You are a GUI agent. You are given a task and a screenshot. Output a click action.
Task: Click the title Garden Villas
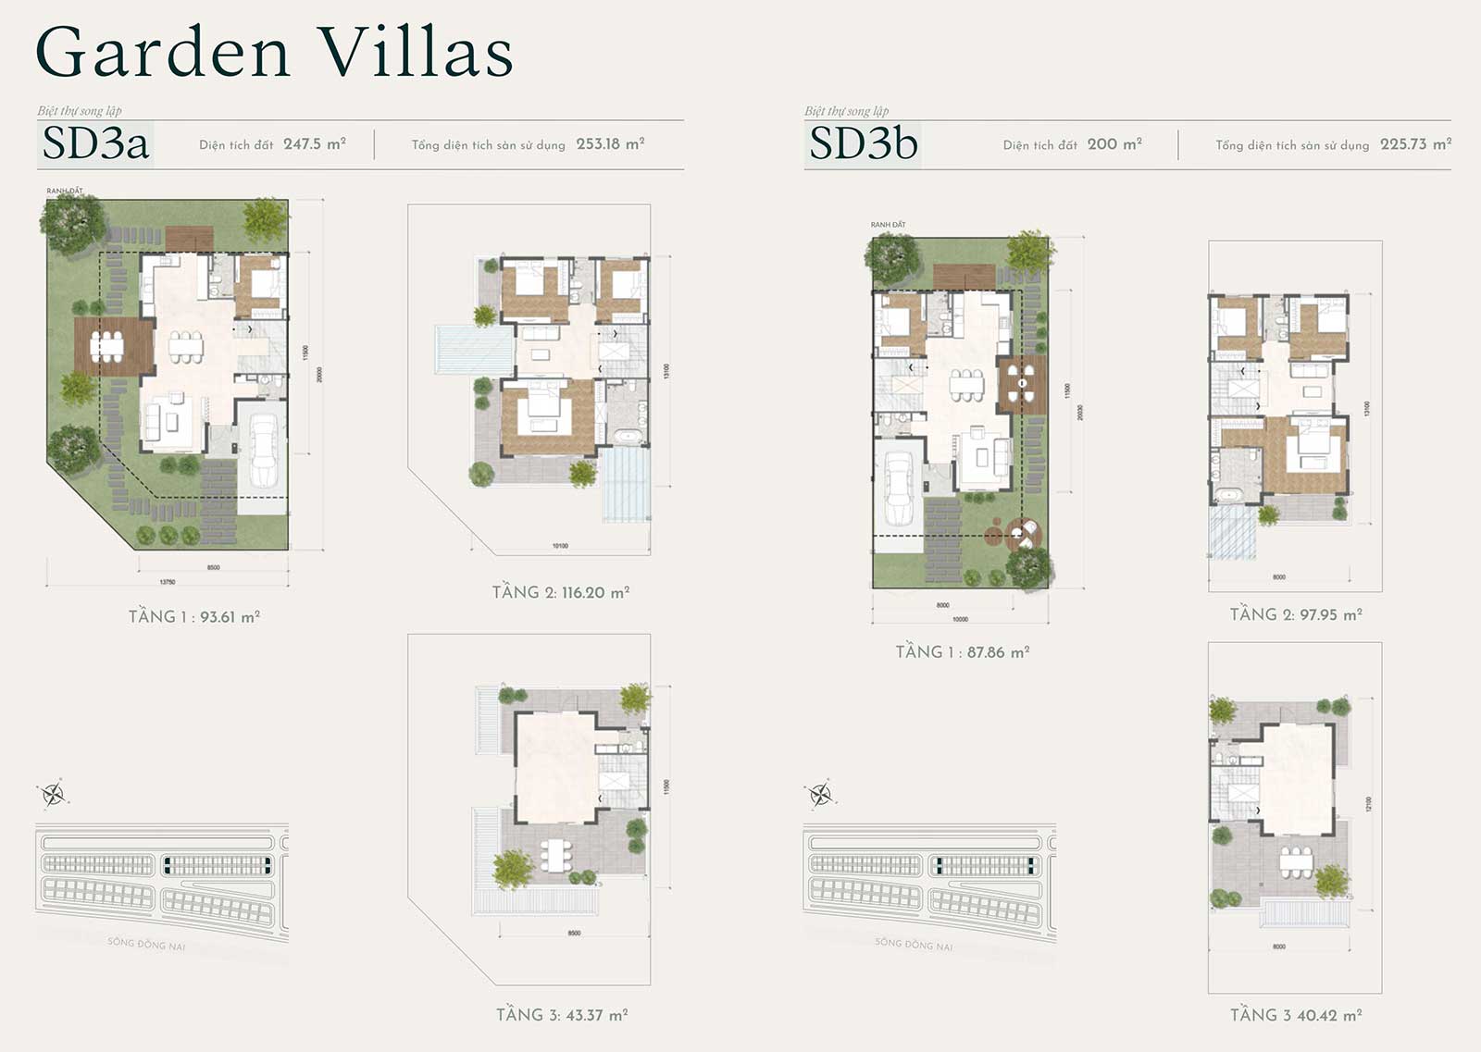click(x=274, y=53)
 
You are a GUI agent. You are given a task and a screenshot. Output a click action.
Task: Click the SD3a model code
click(x=95, y=144)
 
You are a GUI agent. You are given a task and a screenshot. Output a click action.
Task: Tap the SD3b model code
click(x=863, y=144)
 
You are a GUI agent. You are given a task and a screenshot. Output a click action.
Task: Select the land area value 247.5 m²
click(x=315, y=144)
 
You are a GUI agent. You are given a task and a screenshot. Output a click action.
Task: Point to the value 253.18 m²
click(x=610, y=144)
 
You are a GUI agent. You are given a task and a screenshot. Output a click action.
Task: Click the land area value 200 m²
click(x=1114, y=144)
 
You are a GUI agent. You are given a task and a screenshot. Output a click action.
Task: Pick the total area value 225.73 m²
click(x=1415, y=144)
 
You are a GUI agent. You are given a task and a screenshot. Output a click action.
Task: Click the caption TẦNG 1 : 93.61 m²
click(x=194, y=617)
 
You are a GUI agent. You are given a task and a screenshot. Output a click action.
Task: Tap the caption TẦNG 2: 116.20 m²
click(x=561, y=593)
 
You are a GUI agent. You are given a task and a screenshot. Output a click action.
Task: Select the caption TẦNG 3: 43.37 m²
click(x=562, y=1015)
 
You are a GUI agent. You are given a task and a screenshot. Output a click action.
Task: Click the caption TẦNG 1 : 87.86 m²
click(x=963, y=652)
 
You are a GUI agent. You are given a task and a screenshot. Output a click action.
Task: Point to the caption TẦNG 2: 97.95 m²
click(x=1296, y=615)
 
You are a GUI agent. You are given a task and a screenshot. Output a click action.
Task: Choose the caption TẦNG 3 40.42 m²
click(x=1296, y=1016)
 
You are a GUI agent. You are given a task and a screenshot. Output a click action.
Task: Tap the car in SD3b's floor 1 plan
click(x=899, y=489)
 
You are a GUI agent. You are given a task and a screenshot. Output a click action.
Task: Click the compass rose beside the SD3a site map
click(x=53, y=794)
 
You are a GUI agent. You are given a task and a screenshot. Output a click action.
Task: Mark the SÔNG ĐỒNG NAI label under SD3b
click(x=914, y=945)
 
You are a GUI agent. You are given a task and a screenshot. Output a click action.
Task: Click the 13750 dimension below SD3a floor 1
click(x=168, y=582)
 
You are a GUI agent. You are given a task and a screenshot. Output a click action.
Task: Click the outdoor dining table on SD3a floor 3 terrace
click(x=555, y=856)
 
